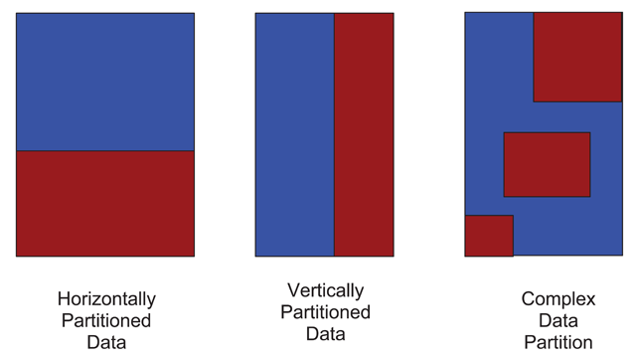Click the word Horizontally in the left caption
106,300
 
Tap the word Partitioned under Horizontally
106,320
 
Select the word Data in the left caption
106,342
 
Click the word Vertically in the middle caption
326,291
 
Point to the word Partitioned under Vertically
325,312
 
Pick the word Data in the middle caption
325,333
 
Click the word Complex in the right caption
558,300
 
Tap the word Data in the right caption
558,320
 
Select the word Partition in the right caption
558,342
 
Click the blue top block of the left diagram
105,82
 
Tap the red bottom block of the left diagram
105,204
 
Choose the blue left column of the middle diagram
295,134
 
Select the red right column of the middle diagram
364,134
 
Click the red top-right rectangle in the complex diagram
577,58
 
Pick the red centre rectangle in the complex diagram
547,165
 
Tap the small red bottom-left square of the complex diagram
489,236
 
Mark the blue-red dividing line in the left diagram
105,151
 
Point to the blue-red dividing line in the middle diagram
334,134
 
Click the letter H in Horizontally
64,299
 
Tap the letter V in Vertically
294,290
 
